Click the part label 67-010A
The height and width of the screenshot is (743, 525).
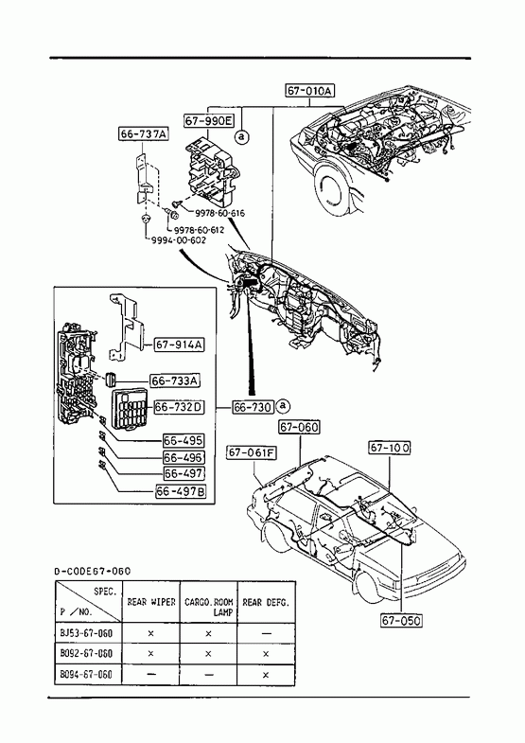[x=309, y=91]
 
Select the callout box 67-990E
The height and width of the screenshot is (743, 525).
[x=209, y=121]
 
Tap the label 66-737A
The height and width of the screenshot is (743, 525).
[x=144, y=134]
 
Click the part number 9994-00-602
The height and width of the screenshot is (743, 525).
[x=179, y=240]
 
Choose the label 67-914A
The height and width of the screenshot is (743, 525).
[x=180, y=345]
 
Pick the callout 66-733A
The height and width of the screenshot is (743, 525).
[x=175, y=380]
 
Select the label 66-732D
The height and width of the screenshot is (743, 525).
[x=180, y=407]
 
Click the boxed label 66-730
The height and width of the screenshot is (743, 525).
[x=254, y=407]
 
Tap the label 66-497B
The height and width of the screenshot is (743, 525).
[x=181, y=492]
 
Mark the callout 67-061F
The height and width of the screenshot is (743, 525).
[x=252, y=453]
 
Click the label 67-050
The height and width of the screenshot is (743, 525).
[x=401, y=620]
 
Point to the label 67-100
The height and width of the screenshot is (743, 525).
[x=390, y=448]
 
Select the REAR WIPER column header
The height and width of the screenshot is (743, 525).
[x=151, y=602]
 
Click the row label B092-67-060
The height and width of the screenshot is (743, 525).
[x=87, y=653]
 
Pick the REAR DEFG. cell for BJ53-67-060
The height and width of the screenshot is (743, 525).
[x=266, y=633]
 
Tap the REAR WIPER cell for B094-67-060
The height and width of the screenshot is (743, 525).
[x=151, y=674]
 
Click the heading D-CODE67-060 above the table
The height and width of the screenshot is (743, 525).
[x=93, y=572]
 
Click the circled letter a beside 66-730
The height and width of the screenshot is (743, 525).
[x=283, y=406]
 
